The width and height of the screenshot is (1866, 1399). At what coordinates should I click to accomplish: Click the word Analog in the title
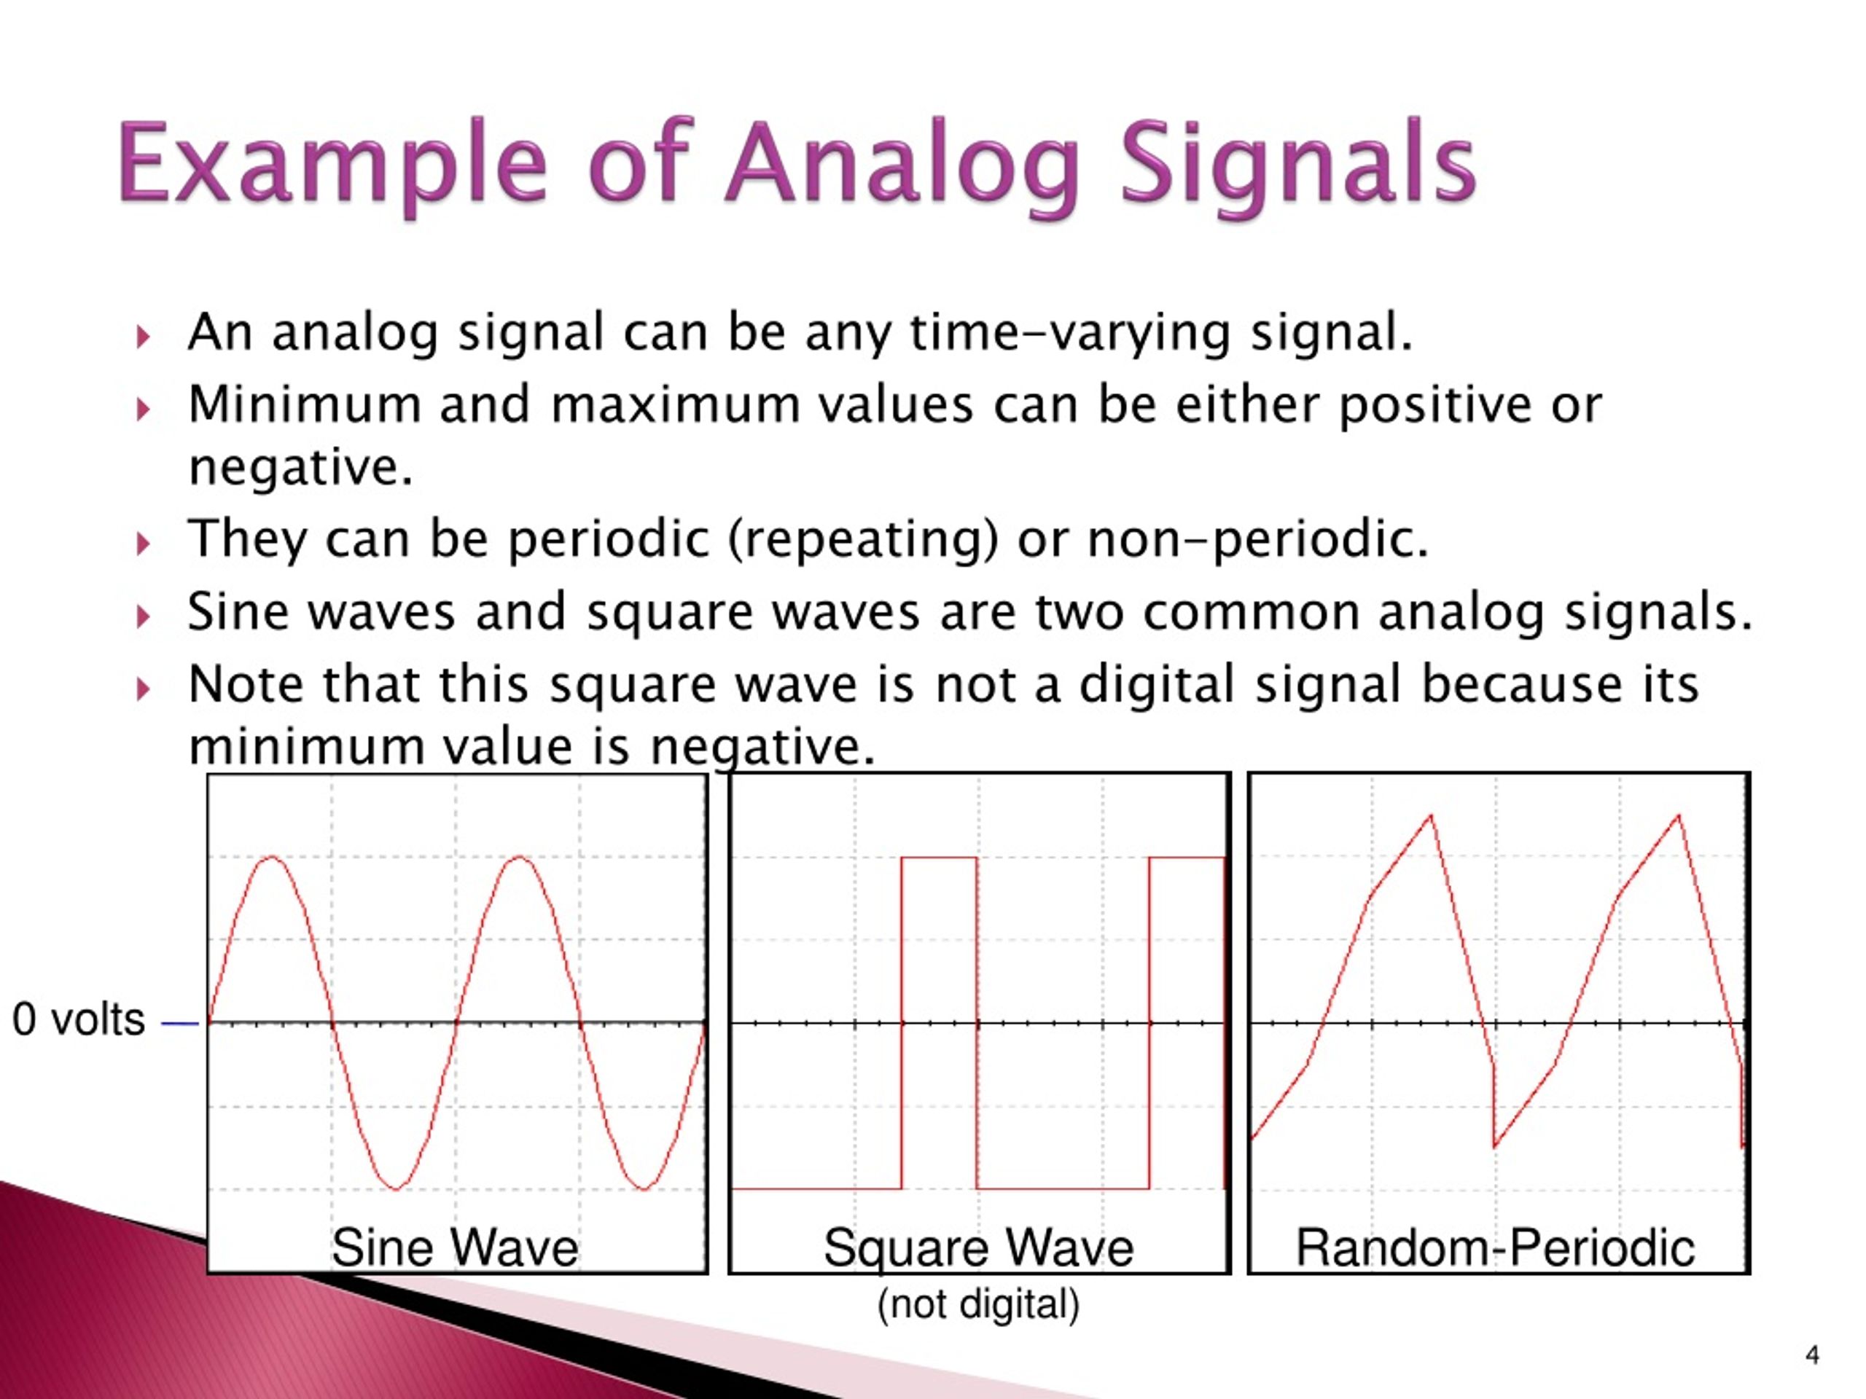[x=902, y=166]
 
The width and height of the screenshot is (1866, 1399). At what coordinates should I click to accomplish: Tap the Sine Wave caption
[x=455, y=1247]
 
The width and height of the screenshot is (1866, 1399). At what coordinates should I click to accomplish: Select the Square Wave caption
[x=978, y=1248]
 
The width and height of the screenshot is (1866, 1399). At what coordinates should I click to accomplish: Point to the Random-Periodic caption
[x=1495, y=1247]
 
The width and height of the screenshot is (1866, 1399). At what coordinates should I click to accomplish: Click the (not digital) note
[x=978, y=1304]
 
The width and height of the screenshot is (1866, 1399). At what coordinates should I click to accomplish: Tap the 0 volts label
[x=79, y=1019]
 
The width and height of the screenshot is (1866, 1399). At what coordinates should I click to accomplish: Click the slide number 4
[x=1812, y=1355]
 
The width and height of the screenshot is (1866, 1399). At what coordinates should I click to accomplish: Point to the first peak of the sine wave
[x=271, y=858]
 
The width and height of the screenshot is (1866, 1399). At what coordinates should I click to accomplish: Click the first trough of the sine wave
[x=395, y=1188]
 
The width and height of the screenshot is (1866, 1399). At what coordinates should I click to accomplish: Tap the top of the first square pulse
[x=939, y=858]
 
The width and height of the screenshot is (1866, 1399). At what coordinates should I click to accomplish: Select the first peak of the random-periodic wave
[x=1432, y=815]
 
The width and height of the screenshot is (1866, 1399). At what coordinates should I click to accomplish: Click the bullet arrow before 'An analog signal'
[x=144, y=337]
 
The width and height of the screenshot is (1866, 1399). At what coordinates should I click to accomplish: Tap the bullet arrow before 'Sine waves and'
[x=144, y=616]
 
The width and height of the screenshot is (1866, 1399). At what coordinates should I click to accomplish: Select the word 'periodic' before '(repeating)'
[x=608, y=540]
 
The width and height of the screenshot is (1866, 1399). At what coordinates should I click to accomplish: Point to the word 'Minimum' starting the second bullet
[x=305, y=405]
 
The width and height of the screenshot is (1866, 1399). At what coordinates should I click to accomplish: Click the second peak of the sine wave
[x=519, y=858]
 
